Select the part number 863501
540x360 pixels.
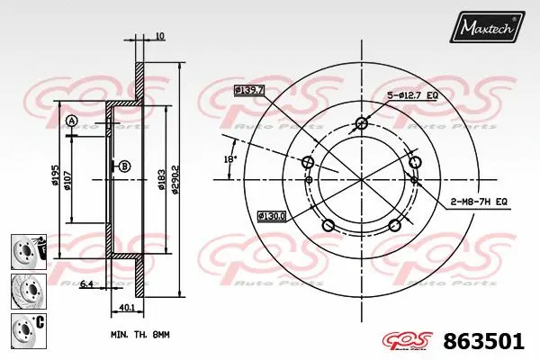485,343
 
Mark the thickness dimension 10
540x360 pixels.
158,36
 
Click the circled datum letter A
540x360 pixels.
72,121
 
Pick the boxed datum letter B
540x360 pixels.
124,166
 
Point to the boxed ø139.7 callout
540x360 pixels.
248,90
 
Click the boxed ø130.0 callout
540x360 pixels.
272,215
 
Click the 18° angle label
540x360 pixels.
230,158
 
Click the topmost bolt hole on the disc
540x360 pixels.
361,123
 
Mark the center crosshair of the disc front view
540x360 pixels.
361,180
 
